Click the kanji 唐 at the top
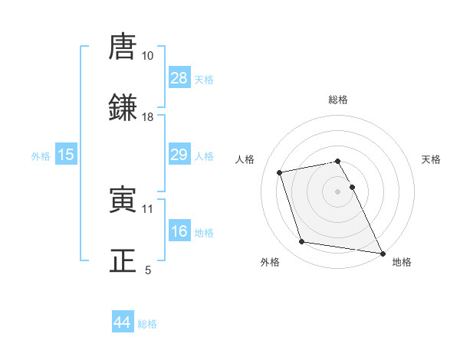123,47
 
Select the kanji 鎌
123,108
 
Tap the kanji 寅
123,200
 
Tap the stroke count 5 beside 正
148,270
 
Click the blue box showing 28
179,78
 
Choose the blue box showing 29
179,155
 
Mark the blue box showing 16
179,231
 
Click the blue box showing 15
66,155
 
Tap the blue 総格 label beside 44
147,324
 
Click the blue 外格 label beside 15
41,155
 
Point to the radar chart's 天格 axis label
432,159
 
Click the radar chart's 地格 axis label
402,262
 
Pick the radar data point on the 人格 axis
280,172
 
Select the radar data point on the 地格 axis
382,252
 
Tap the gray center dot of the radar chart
338,191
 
